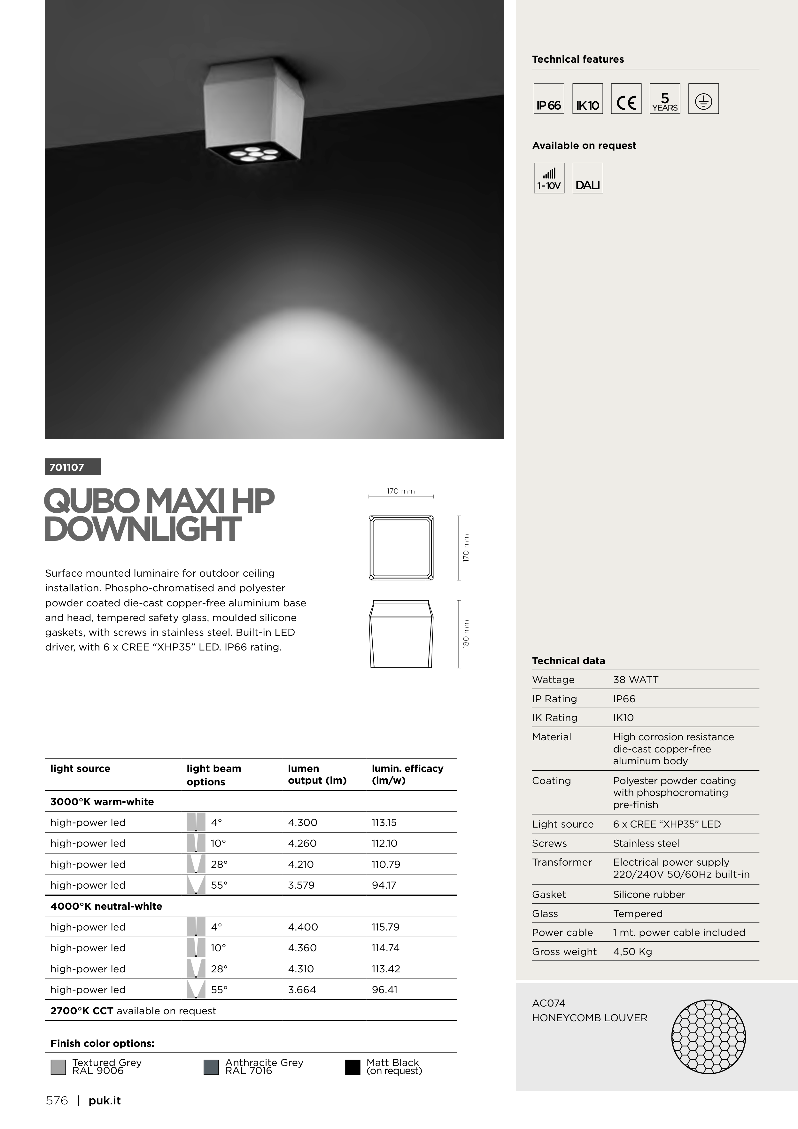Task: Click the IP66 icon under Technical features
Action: click(549, 99)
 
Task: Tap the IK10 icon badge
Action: click(588, 99)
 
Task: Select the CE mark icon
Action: click(626, 99)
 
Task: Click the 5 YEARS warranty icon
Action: click(665, 99)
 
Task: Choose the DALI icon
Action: click(588, 178)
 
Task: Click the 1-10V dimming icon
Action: click(549, 178)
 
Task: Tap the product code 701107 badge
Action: click(73, 467)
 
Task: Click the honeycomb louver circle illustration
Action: click(709, 1037)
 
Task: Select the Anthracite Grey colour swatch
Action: click(211, 1067)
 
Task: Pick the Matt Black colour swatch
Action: click(353, 1067)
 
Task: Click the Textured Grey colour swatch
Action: click(58, 1067)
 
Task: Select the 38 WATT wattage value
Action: click(635, 680)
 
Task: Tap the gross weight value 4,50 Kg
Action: click(632, 952)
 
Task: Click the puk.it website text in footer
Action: click(104, 1101)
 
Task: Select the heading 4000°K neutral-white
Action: click(106, 906)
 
